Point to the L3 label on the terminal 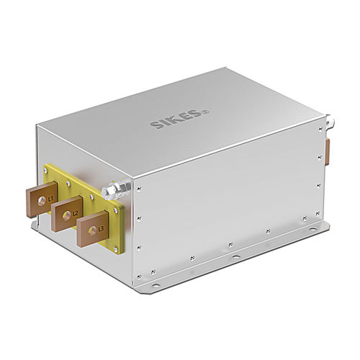click(x=101, y=228)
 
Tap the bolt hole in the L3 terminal click(x=93, y=232)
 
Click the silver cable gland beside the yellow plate click(x=113, y=192)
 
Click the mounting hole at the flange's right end click(x=310, y=231)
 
